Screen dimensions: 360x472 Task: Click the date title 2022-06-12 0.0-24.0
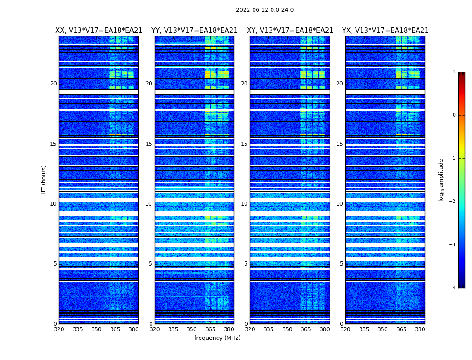tap(264, 10)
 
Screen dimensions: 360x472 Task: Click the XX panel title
tap(98, 31)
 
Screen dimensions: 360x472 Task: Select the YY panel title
tap(194, 31)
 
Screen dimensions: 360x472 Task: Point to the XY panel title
tap(290, 31)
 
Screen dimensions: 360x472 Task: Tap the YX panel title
tap(385, 31)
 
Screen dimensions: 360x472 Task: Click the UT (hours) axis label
tap(44, 180)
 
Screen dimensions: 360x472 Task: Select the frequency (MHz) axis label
tap(217, 338)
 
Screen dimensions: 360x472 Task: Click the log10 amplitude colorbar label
tap(441, 180)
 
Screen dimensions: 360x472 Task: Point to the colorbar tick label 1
tap(454, 72)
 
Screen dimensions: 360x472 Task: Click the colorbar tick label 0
tap(454, 115)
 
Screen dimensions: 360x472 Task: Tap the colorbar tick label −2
tap(453, 202)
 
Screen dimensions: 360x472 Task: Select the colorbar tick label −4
tap(453, 288)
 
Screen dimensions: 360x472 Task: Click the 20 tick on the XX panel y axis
tap(53, 84)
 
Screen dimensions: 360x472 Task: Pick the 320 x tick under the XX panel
tap(59, 329)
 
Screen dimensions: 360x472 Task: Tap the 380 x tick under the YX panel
tap(420, 329)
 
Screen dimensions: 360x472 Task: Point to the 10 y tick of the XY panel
tap(244, 204)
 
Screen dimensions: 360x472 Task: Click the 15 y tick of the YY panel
tap(149, 144)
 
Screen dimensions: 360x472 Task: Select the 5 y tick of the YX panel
tap(342, 264)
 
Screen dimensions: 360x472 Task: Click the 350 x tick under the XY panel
tap(287, 329)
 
